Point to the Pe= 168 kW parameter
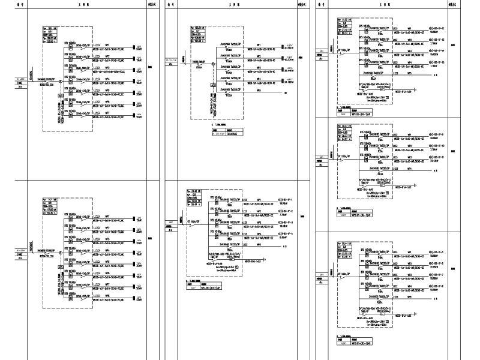(49, 28)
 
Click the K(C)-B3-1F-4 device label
(284, 233)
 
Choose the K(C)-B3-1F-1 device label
(284, 199)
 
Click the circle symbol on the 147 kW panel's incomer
(55, 249)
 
